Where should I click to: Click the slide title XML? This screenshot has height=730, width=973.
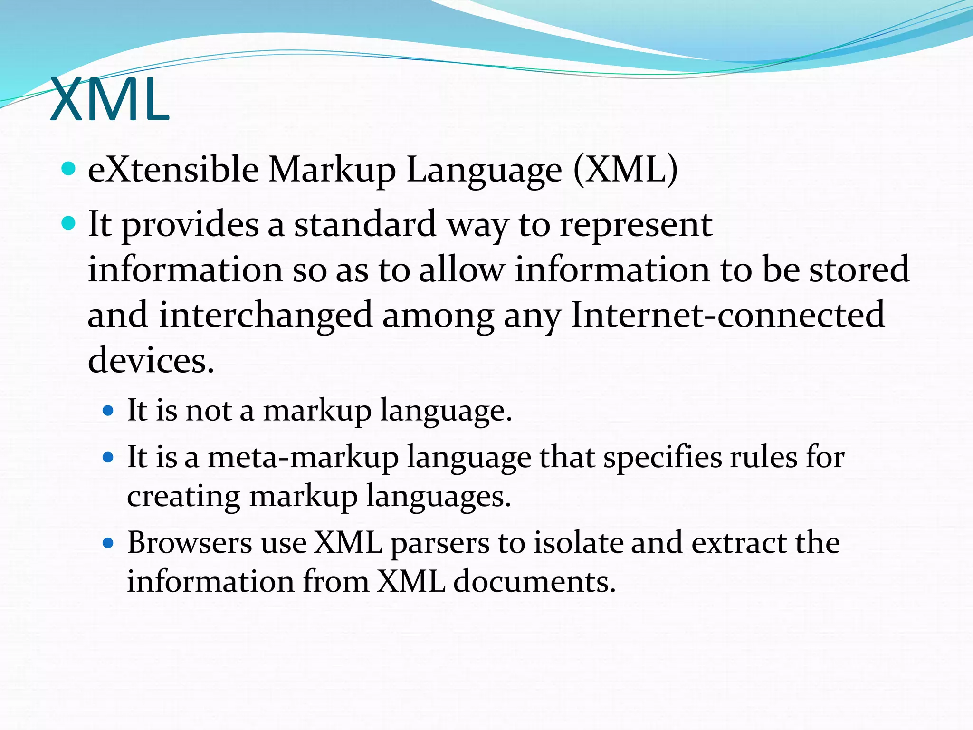pyautogui.click(x=109, y=100)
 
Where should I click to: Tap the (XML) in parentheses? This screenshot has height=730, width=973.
pyautogui.click(x=626, y=170)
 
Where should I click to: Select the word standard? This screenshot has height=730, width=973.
pyautogui.click(x=365, y=224)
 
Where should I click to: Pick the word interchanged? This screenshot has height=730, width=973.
pyautogui.click(x=266, y=315)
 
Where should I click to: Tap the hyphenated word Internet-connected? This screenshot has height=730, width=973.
pyautogui.click(x=727, y=315)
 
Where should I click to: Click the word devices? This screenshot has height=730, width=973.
pyautogui.click(x=151, y=360)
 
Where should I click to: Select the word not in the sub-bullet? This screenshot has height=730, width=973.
pyautogui.click(x=209, y=410)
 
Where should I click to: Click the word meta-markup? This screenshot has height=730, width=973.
pyautogui.click(x=303, y=458)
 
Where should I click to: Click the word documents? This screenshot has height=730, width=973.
pyautogui.click(x=534, y=581)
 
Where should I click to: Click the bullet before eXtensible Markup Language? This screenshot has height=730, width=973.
pyautogui.click(x=69, y=169)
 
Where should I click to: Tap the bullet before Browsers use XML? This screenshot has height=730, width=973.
pyautogui.click(x=108, y=543)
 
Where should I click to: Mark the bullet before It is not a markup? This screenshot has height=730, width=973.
pyautogui.click(x=108, y=411)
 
